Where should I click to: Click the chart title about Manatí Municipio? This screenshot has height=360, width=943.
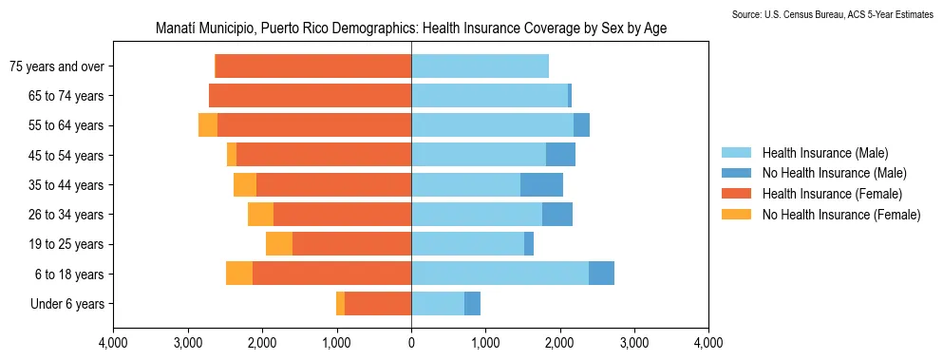pyautogui.click(x=410, y=28)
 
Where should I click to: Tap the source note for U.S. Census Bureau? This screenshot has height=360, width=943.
pyautogui.click(x=833, y=15)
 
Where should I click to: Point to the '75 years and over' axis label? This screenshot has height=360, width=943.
pyautogui.click(x=56, y=66)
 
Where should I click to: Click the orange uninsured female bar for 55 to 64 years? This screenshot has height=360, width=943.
pyautogui.click(x=208, y=125)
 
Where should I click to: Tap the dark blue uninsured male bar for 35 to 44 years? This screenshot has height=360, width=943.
pyautogui.click(x=541, y=185)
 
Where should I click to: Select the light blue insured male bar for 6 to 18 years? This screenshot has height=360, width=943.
pyautogui.click(x=500, y=274)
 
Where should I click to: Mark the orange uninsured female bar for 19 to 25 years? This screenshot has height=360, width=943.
pyautogui.click(x=279, y=244)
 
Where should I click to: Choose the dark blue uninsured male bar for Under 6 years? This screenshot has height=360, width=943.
pyautogui.click(x=472, y=304)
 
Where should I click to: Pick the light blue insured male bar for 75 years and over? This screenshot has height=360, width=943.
pyautogui.click(x=480, y=66)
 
